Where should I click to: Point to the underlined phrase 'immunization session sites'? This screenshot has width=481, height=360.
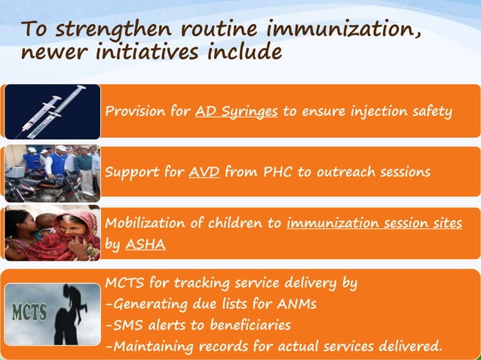tap(374, 224)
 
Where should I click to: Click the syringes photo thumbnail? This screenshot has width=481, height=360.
tap(53, 111)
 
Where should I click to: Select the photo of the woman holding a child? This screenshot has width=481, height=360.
tap(53, 234)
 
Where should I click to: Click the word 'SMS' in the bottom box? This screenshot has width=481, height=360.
tap(126, 325)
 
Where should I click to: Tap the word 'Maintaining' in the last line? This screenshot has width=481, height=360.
tap(152, 346)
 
